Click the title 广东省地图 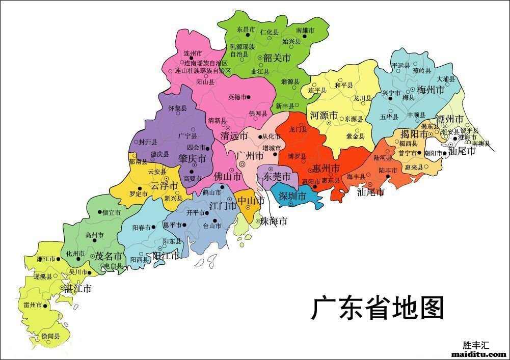(x=378, y=308)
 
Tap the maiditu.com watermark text (x=479, y=354)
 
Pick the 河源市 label (x=324, y=116)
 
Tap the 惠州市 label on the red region (x=326, y=168)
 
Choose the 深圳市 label (x=292, y=196)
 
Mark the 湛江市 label (x=77, y=288)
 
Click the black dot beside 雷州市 (x=45, y=306)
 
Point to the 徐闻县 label (x=50, y=337)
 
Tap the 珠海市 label (x=274, y=221)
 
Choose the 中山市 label (x=251, y=201)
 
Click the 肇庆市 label (x=192, y=159)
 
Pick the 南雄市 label (x=305, y=31)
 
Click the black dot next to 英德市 (x=249, y=97)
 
